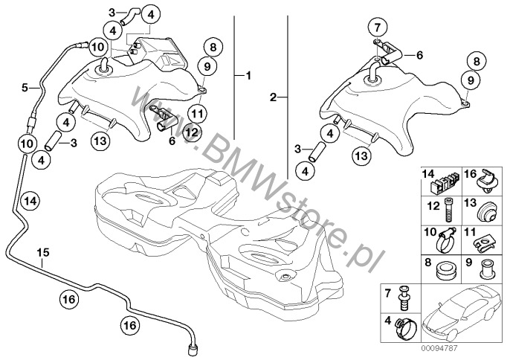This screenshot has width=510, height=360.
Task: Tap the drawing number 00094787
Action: (440, 348)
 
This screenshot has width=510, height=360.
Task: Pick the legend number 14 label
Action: (428, 174)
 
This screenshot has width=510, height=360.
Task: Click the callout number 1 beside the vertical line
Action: (248, 76)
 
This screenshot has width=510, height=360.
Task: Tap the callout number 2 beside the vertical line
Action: (274, 97)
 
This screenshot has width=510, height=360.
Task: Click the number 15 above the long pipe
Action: (43, 252)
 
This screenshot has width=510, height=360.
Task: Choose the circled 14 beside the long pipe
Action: (31, 201)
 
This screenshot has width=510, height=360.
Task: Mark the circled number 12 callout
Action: (191, 132)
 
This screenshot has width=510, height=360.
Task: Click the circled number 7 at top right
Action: (378, 28)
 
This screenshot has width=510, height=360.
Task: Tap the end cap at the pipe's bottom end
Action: (193, 352)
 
